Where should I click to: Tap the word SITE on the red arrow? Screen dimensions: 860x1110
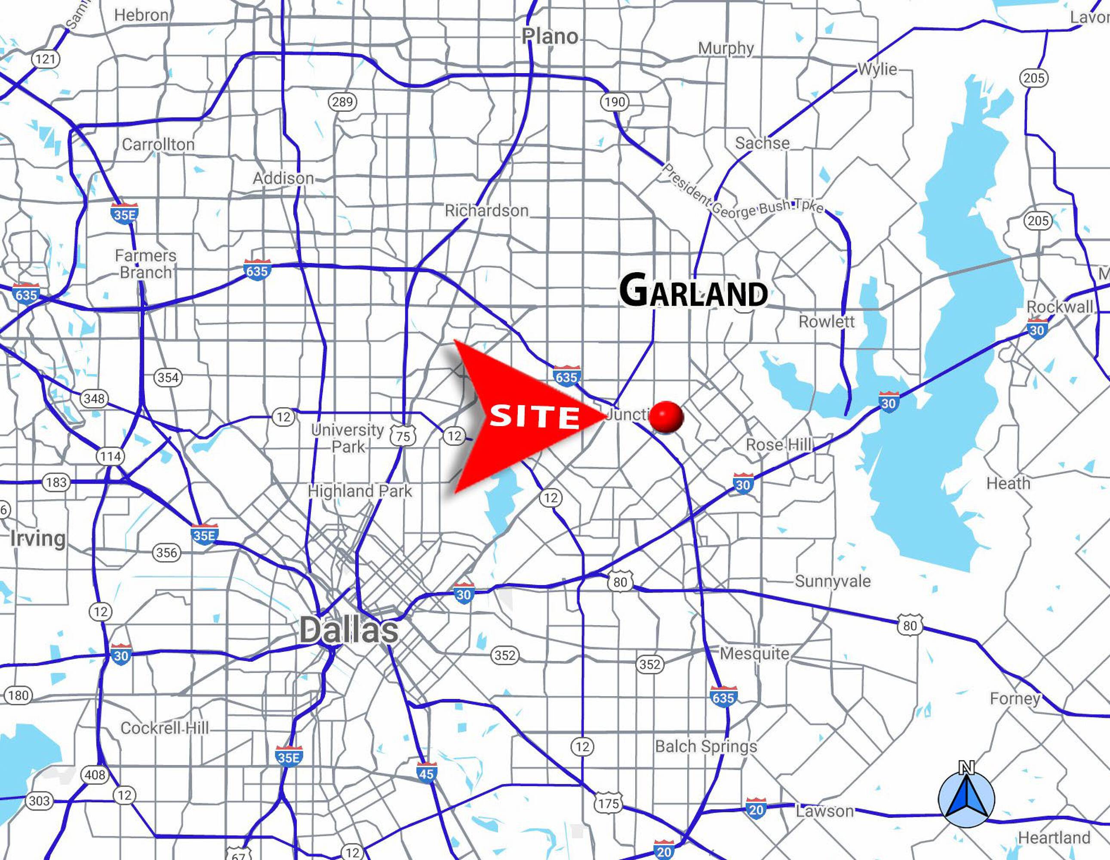tap(534, 417)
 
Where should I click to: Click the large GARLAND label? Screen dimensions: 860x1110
tap(693, 291)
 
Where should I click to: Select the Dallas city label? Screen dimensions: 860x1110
tap(349, 630)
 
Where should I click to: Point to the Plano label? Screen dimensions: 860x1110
tap(550, 36)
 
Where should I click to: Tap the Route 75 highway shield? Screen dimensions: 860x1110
tap(403, 436)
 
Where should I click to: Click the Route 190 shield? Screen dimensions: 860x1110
tap(615, 102)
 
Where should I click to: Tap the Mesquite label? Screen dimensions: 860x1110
tap(755, 654)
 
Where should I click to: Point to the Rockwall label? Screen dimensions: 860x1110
tap(1060, 307)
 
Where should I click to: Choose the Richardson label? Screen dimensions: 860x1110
tap(486, 210)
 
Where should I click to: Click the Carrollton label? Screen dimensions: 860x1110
tap(158, 144)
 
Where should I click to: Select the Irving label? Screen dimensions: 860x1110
tap(38, 538)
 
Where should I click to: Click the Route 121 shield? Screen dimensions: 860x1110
tap(46, 59)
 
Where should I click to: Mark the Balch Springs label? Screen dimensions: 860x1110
tap(706, 746)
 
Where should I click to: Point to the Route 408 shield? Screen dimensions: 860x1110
tap(95, 774)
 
